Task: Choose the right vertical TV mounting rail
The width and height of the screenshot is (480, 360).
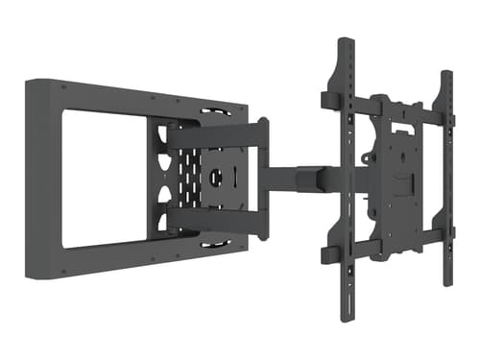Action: (446, 182)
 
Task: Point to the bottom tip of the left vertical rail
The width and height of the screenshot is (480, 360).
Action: (343, 320)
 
